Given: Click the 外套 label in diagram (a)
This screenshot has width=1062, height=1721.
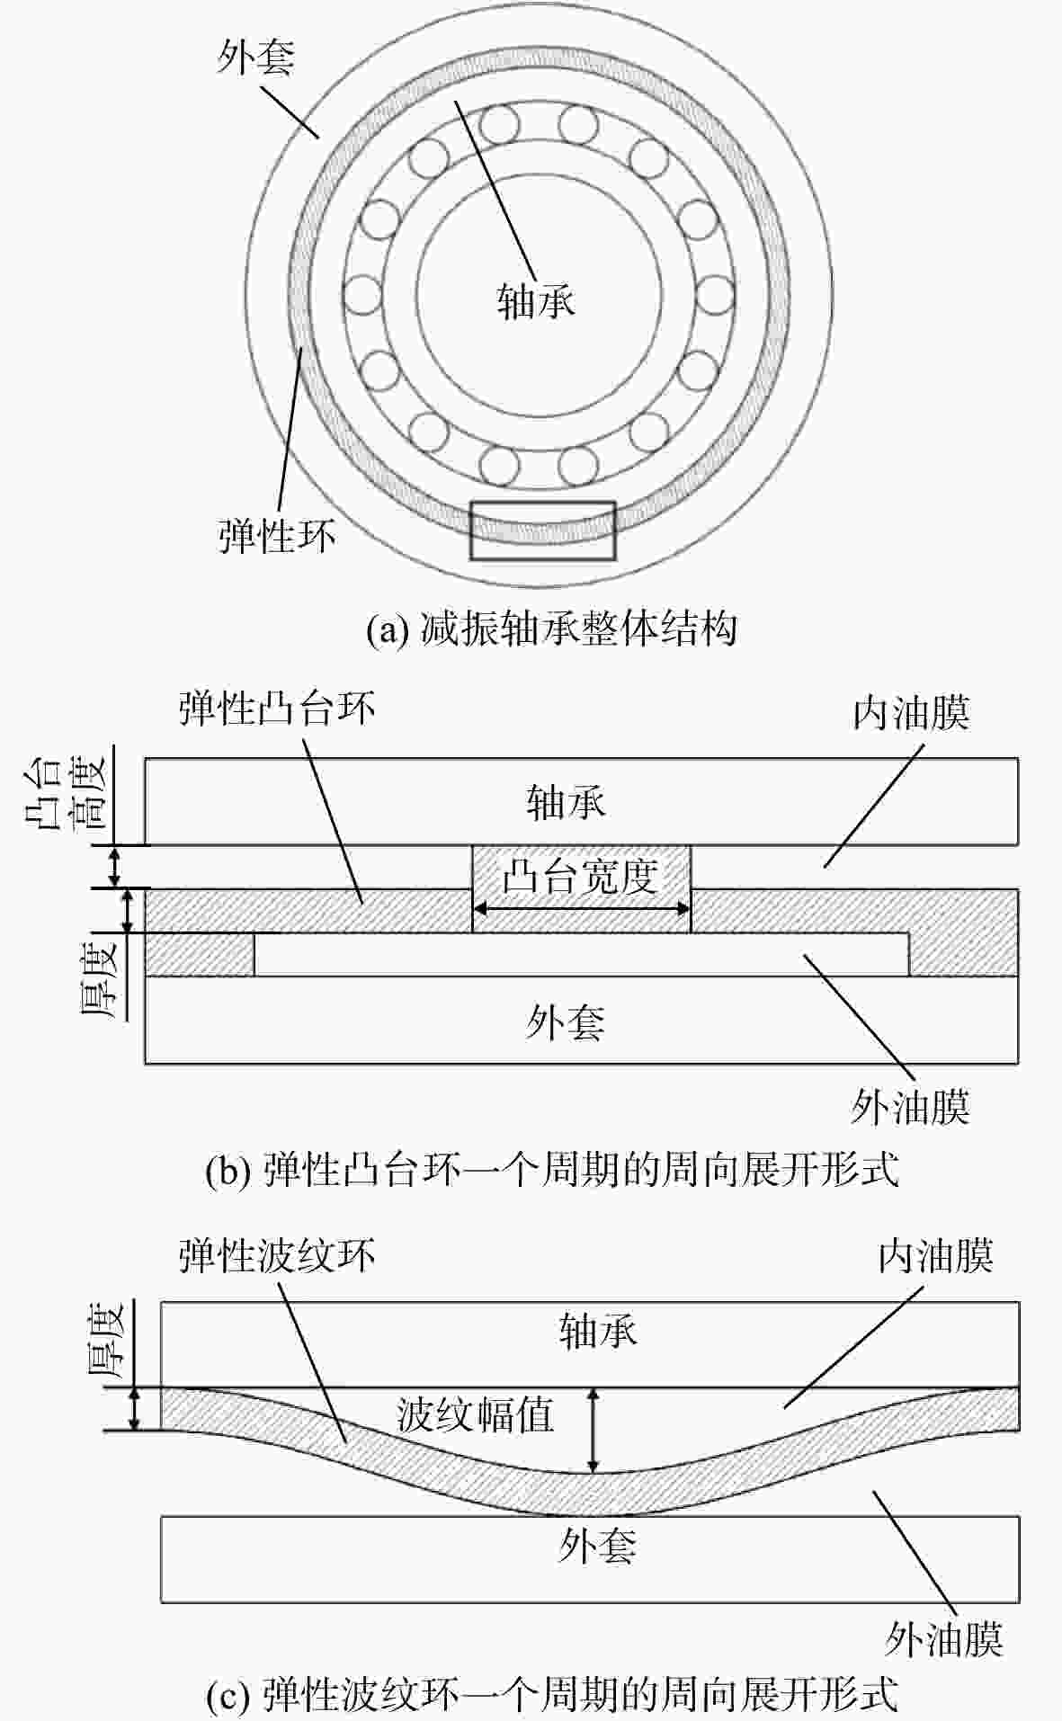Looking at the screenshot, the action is [x=255, y=58].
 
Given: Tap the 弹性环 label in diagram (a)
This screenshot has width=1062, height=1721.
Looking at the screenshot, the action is [x=277, y=535].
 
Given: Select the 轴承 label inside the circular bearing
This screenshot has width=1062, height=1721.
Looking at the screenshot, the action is [x=536, y=301].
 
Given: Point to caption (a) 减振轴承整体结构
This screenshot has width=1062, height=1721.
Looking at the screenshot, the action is [x=551, y=629].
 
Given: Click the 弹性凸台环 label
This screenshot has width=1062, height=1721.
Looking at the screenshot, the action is [x=277, y=708].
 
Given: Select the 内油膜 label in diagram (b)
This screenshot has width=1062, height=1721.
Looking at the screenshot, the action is [x=911, y=713].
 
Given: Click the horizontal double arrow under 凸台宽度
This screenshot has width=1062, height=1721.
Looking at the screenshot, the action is [x=582, y=909].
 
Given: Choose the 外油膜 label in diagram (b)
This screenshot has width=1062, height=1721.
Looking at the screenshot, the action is [x=911, y=1107].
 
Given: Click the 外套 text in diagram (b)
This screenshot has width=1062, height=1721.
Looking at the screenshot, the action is [x=566, y=1022].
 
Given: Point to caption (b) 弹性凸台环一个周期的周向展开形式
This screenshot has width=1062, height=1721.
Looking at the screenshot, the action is [x=552, y=1172].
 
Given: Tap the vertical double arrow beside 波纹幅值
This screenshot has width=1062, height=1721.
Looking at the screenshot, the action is [x=593, y=1431].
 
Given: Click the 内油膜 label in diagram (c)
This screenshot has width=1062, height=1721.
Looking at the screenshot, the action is [x=936, y=1255].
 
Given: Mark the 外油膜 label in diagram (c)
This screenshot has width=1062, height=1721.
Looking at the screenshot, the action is [x=944, y=1639].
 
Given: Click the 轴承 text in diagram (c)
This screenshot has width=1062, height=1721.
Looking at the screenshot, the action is [x=598, y=1330].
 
